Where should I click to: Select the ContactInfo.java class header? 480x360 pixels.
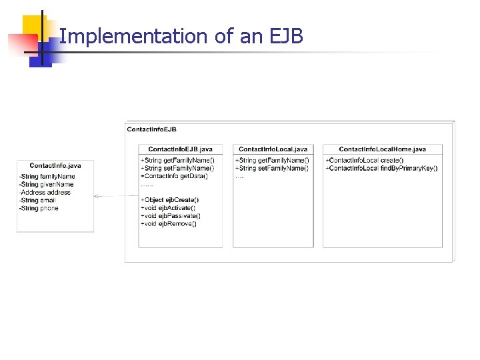pyautogui.click(x=55, y=165)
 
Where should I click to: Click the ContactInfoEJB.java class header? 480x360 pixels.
pyautogui.click(x=180, y=149)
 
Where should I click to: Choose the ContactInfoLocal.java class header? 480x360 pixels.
pyautogui.click(x=273, y=149)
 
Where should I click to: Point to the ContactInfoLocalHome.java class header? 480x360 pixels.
pyautogui.click(x=382, y=149)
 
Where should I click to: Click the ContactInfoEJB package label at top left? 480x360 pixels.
pyautogui.click(x=151, y=129)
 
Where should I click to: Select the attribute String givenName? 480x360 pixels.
pyautogui.click(x=47, y=185)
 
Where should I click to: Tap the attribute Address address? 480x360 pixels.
pyautogui.click(x=45, y=193)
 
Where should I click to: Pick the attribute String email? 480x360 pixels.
pyautogui.click(x=38, y=201)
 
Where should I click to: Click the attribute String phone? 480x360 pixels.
pyautogui.click(x=39, y=209)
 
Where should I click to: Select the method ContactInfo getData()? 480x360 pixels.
pyautogui.click(x=174, y=176)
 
